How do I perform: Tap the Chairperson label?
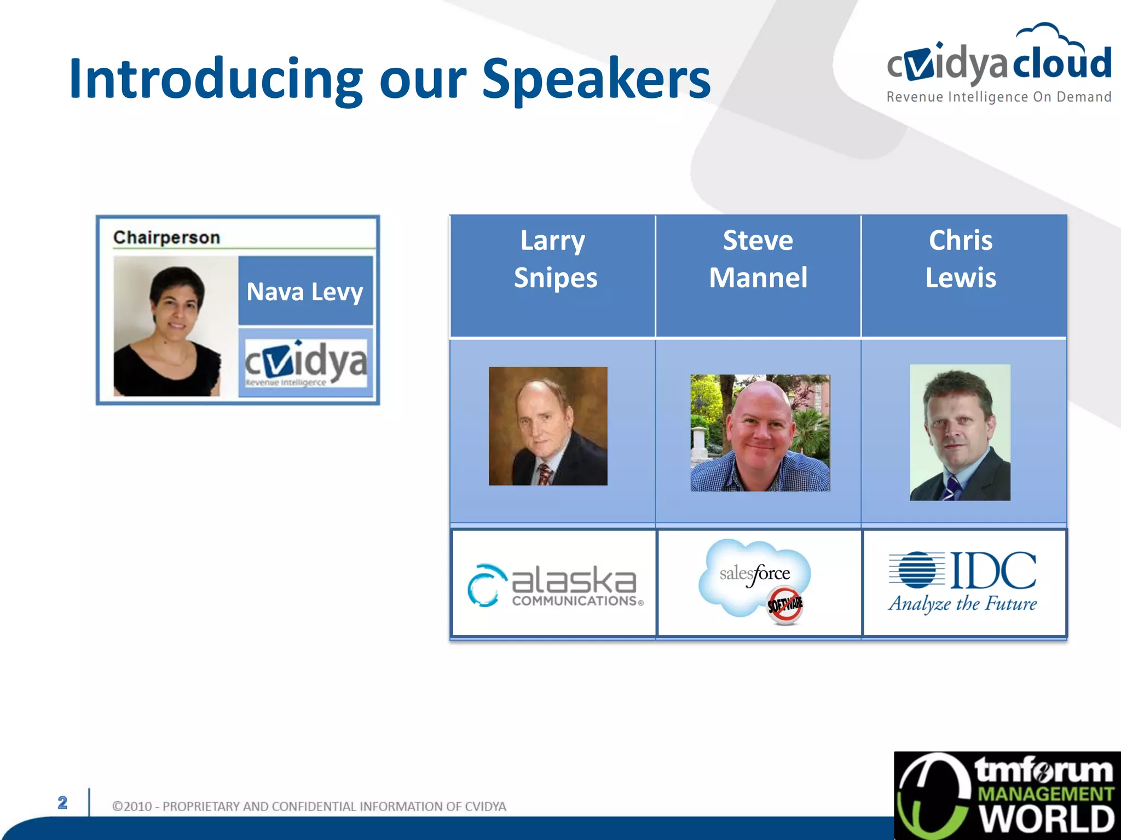166,237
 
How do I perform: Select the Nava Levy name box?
305,291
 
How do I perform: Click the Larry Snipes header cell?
553,259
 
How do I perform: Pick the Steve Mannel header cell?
758,259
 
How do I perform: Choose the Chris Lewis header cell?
961,259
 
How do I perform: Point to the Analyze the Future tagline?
962,604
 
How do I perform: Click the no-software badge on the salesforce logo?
785,605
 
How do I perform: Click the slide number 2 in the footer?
62,802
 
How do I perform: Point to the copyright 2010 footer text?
309,806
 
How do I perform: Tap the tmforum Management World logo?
1007,796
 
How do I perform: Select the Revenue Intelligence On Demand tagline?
998,97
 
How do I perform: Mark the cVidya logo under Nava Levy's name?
305,363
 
